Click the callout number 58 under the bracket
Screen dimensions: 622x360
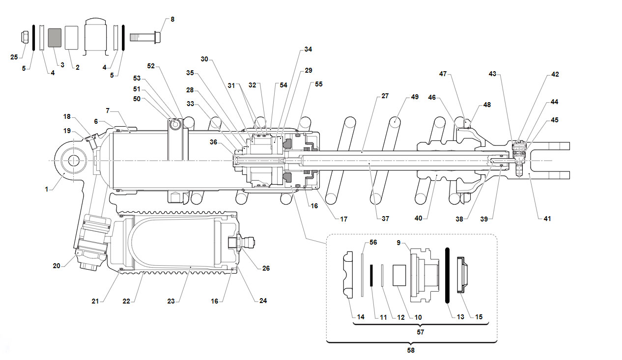(411, 350)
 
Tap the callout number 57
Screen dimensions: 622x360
(421, 332)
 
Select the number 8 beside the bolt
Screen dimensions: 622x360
(172, 19)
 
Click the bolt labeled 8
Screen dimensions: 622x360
(145, 37)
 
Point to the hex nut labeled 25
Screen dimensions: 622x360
(25, 37)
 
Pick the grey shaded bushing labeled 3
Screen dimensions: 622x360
(55, 38)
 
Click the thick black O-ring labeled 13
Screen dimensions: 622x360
(447, 276)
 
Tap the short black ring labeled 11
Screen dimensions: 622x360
(371, 276)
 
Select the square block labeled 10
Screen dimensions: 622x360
(399, 276)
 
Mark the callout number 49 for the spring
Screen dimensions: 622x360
(415, 97)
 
